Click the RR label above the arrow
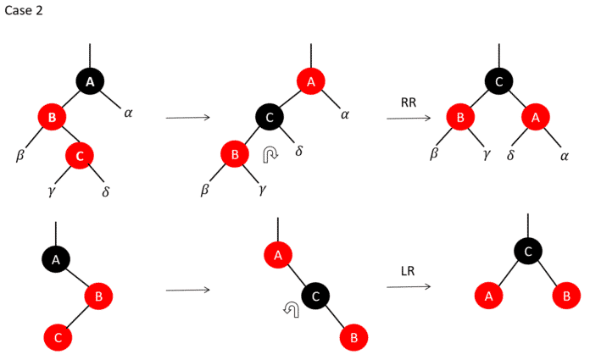coord(408,102)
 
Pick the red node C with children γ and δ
coord(80,155)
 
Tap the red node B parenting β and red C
coord(51,118)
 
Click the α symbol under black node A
coord(128,112)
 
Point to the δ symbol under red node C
coord(106,191)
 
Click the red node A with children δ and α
coord(535,118)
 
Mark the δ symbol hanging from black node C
coord(298,151)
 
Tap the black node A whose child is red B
coord(56,260)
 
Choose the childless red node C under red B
coord(58,336)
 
